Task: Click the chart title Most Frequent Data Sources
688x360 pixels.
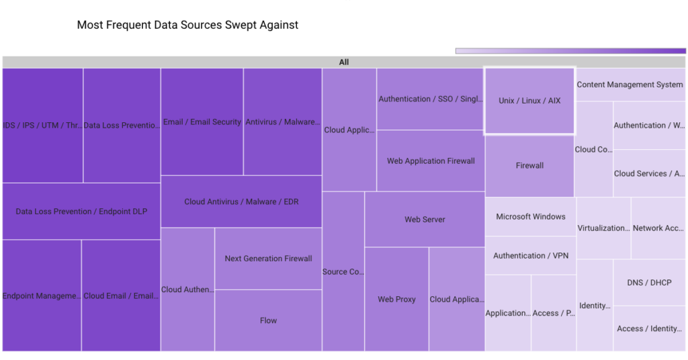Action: pyautogui.click(x=187, y=25)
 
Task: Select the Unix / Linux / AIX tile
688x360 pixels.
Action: pyautogui.click(x=529, y=101)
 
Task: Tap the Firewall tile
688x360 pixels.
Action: pyautogui.click(x=529, y=165)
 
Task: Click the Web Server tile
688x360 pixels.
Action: pyautogui.click(x=425, y=220)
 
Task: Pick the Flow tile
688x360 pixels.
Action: pyautogui.click(x=268, y=320)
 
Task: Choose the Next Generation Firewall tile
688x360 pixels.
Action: pyautogui.click(x=268, y=259)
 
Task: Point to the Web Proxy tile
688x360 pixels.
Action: pyautogui.click(x=396, y=299)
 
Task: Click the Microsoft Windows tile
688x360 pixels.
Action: pyautogui.click(x=530, y=216)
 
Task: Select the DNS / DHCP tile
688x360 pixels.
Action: pyautogui.click(x=649, y=283)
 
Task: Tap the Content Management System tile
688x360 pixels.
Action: pyautogui.click(x=630, y=85)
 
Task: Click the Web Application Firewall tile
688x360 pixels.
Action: pyautogui.click(x=431, y=161)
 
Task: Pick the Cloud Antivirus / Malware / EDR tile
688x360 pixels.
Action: pyautogui.click(x=241, y=201)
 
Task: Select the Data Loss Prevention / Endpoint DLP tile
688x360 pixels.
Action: pyautogui.click(x=81, y=212)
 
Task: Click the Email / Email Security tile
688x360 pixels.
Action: pyautogui.click(x=202, y=122)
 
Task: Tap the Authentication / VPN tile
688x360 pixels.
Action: pyautogui.click(x=530, y=256)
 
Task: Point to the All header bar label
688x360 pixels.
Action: pyautogui.click(x=344, y=62)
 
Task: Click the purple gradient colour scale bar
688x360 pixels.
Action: pyautogui.click(x=570, y=51)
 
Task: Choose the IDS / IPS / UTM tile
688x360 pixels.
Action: pyautogui.click(x=42, y=125)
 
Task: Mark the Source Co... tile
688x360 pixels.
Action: pyautogui.click(x=343, y=271)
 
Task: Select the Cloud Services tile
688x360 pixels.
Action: pyautogui.click(x=649, y=173)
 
